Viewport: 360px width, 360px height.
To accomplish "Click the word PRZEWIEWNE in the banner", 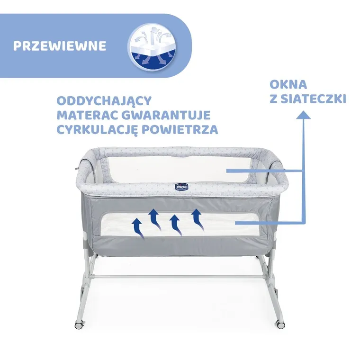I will tap(60, 47).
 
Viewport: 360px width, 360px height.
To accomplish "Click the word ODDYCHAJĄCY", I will tap(104, 101).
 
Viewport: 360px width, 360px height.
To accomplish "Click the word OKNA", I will tap(288, 85).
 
